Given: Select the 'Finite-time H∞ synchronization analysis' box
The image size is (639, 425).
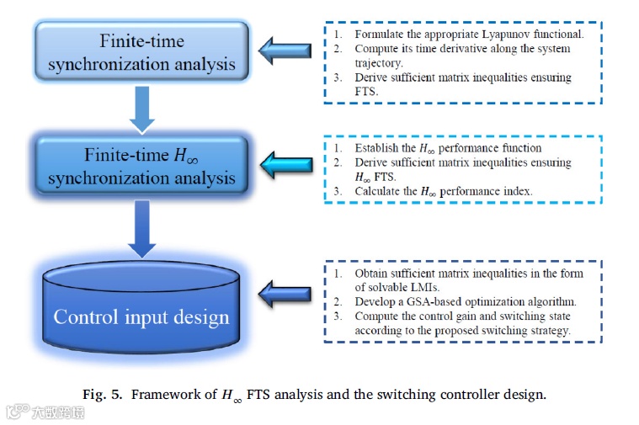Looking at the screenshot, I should click(141, 167).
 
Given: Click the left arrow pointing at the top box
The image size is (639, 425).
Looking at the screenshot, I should click(284, 50).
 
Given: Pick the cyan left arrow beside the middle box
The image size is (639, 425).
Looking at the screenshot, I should click(285, 162).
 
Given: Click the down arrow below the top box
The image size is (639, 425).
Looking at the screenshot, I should click(142, 109).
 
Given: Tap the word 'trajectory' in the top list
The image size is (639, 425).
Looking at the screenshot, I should click(379, 63).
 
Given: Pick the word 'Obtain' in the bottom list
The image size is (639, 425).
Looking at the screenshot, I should click(374, 274).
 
